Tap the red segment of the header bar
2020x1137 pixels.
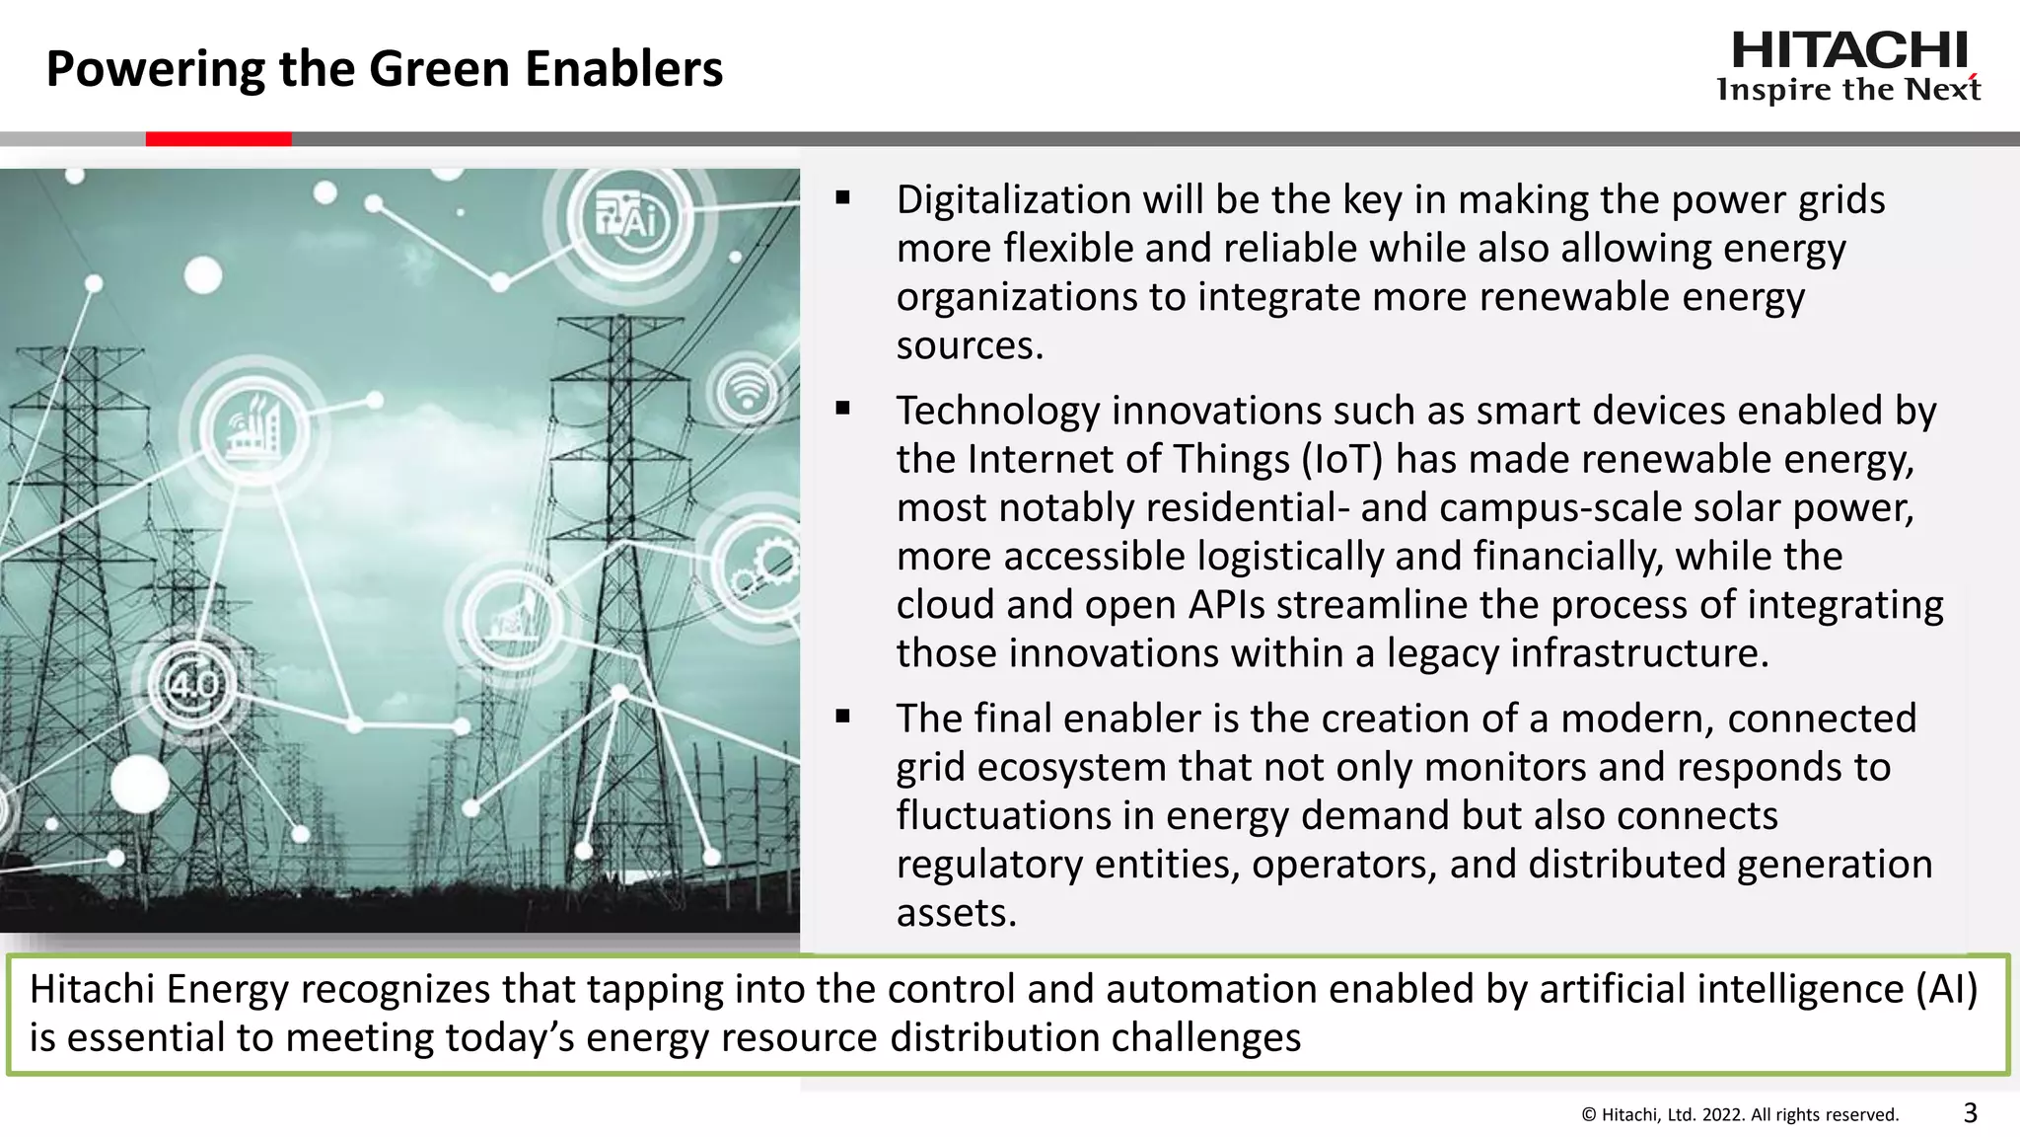click(x=218, y=139)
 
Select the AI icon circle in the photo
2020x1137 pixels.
click(x=629, y=219)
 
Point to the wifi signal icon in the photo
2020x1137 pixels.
click(x=748, y=392)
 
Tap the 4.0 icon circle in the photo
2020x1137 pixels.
click(x=193, y=684)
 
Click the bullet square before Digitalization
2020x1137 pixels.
click(x=842, y=198)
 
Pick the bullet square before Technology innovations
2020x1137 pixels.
click(x=842, y=409)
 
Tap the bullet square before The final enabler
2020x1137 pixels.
click(x=842, y=717)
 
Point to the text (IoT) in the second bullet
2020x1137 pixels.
click(x=1341, y=460)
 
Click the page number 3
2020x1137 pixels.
click(x=1970, y=1113)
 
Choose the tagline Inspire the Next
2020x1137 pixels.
click(x=1848, y=90)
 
